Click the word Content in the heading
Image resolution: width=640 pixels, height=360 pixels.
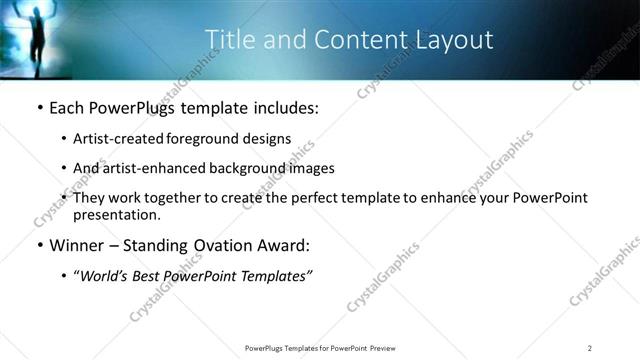345,40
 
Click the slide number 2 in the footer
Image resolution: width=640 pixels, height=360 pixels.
590,348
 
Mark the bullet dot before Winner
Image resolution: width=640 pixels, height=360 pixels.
39,245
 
